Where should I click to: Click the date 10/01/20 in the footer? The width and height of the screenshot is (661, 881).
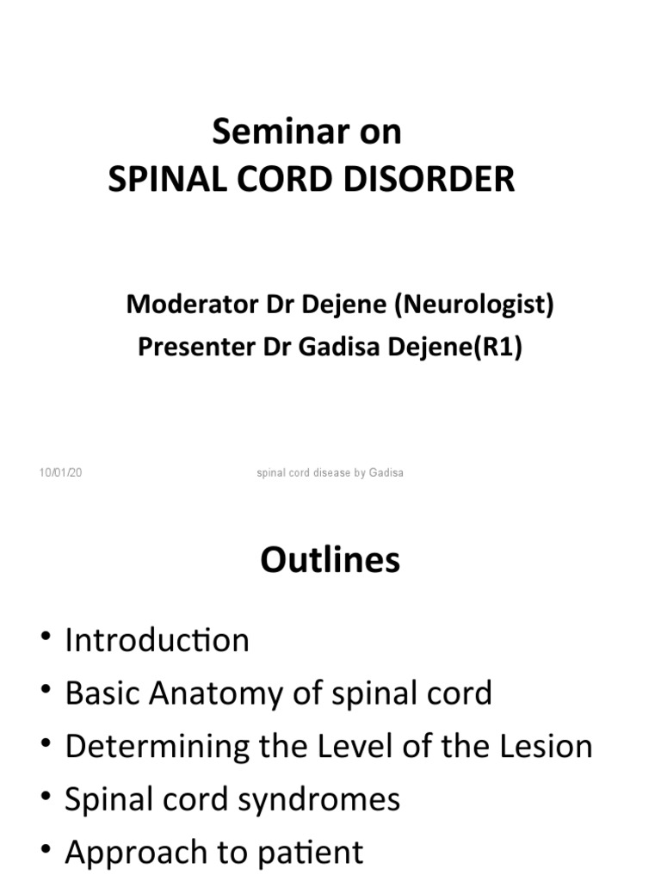(60, 472)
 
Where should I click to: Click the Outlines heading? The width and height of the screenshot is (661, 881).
(330, 561)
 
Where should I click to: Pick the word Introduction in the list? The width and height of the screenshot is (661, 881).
(157, 641)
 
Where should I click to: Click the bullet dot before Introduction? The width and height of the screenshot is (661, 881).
(45, 640)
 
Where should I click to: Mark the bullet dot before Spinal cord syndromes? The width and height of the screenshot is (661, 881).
(45, 799)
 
